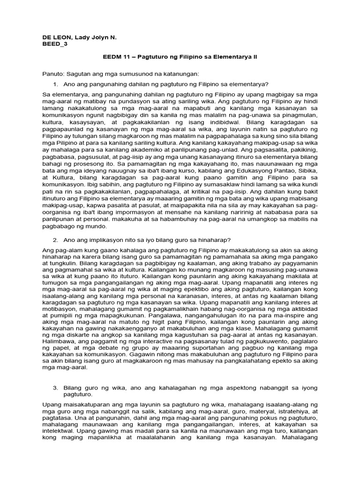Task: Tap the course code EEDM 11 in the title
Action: click(x=117, y=57)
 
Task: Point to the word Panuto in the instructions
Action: click(x=52, y=74)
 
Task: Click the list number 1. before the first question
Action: click(x=55, y=84)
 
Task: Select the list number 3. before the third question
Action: click(x=55, y=388)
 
